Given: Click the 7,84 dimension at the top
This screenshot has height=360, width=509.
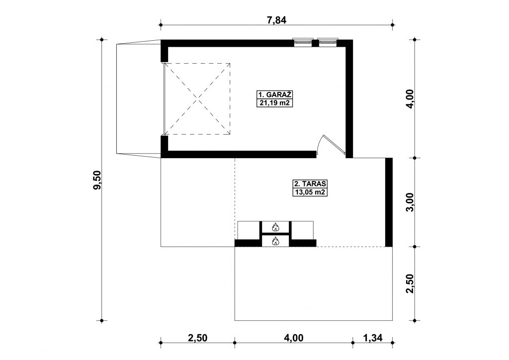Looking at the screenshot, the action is pyautogui.click(x=276, y=20).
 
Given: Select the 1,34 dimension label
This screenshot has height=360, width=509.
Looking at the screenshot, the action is pyautogui.click(x=373, y=338).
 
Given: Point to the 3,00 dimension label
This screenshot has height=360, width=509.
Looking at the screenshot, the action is pyautogui.click(x=410, y=202).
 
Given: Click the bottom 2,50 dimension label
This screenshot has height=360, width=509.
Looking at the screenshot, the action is pyautogui.click(x=197, y=338).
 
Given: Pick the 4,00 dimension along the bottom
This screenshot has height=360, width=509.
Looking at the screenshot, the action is pyautogui.click(x=293, y=338).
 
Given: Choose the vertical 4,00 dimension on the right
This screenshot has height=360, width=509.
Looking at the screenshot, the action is pyautogui.click(x=410, y=98).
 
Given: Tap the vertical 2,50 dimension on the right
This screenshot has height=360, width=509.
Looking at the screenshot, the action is pyautogui.click(x=410, y=284).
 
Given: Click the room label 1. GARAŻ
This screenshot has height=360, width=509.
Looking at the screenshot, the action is pyautogui.click(x=274, y=95).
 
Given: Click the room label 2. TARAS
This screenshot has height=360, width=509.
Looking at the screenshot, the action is pyautogui.click(x=310, y=184).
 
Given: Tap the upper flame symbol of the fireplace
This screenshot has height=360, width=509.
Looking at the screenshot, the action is pyautogui.click(x=275, y=227).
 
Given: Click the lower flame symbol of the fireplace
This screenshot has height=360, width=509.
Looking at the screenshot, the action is pyautogui.click(x=275, y=241).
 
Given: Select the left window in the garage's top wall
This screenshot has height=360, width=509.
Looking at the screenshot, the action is pyautogui.click(x=303, y=42).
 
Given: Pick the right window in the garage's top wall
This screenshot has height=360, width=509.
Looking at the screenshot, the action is pyautogui.click(x=328, y=42).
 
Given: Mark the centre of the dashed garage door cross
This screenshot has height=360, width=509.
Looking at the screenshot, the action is pyautogui.click(x=197, y=99).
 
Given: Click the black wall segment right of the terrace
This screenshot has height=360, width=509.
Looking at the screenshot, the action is pyautogui.click(x=389, y=202).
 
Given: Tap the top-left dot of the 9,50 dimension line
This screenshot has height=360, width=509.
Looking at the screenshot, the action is pyautogui.click(x=101, y=40).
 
